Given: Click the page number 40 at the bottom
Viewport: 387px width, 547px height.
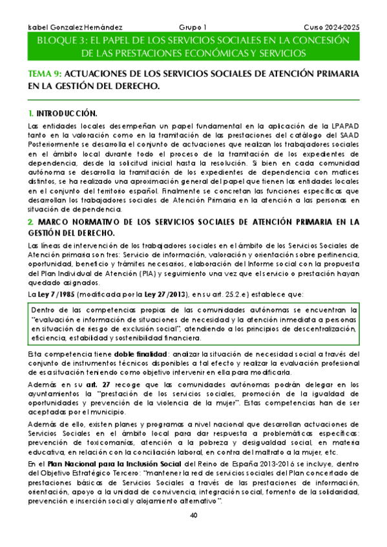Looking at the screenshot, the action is (194, 533).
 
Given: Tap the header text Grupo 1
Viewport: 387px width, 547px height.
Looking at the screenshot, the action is (193, 28).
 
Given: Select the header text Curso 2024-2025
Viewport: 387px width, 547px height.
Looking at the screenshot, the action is (331, 28).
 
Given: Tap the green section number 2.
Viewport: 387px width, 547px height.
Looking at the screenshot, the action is (30, 223).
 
